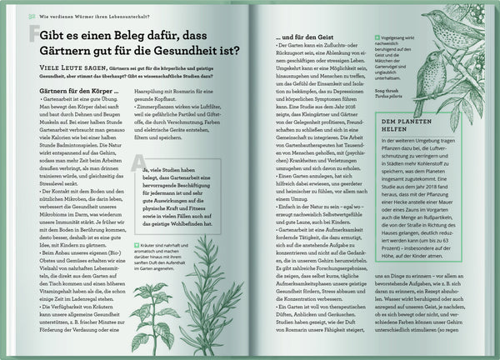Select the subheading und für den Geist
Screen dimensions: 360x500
[308, 37]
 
